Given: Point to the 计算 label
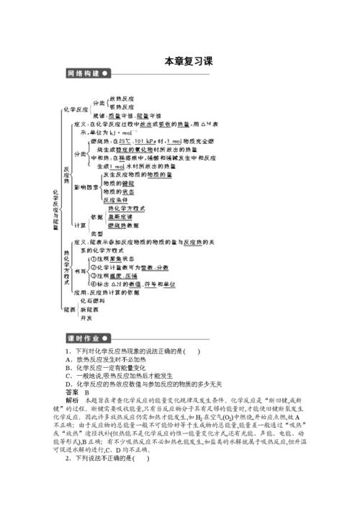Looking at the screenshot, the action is (80, 225).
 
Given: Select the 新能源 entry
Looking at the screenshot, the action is (89, 309).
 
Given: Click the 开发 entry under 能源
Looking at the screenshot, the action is (86, 317).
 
